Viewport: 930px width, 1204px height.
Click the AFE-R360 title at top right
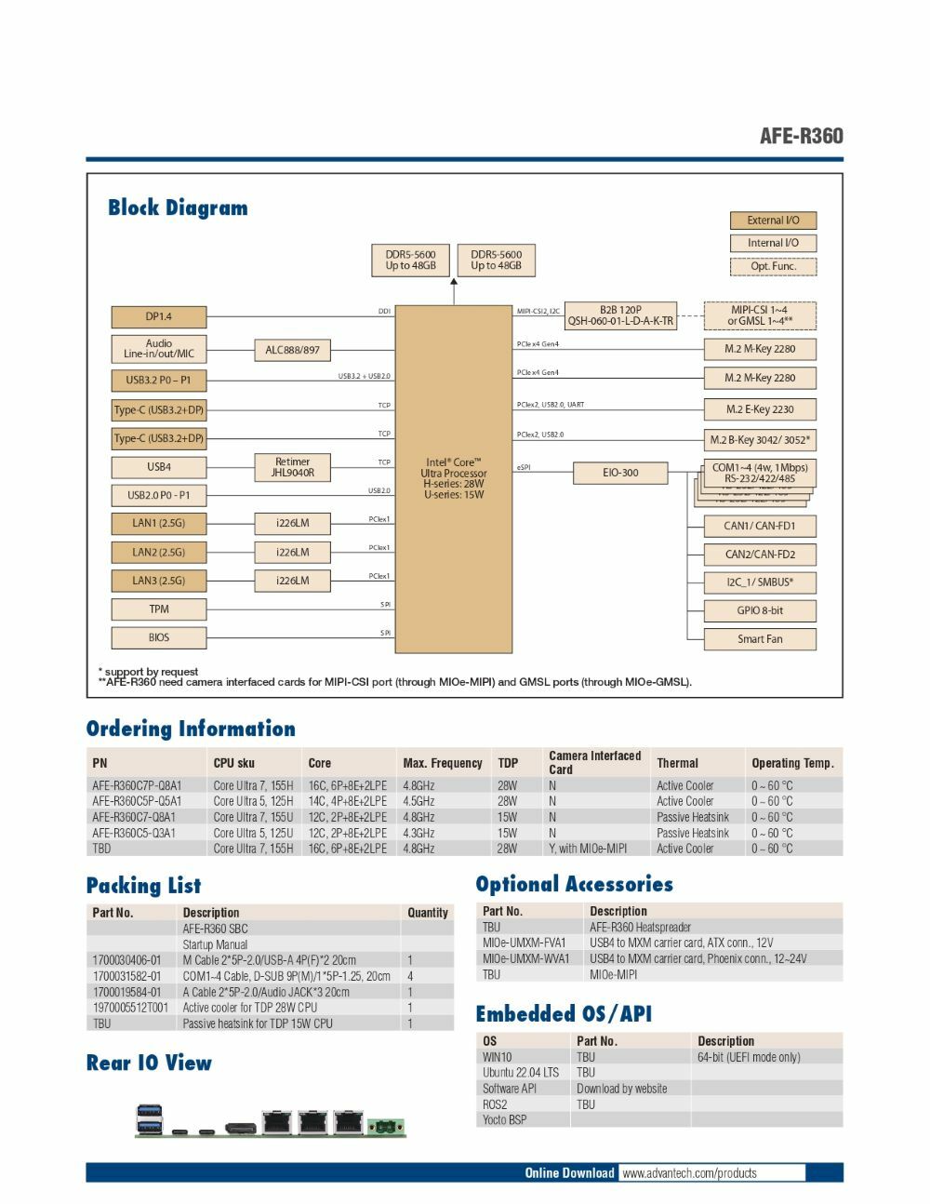pos(801,136)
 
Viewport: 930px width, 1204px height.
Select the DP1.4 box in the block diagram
pos(158,316)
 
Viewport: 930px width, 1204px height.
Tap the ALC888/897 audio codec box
pos(292,350)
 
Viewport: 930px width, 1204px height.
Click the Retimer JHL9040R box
pos(292,467)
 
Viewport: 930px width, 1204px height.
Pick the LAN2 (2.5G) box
pos(158,552)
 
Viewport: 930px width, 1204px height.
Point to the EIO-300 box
pos(620,473)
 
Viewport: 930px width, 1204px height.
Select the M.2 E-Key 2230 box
pos(760,409)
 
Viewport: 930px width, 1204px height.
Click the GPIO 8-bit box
pos(760,611)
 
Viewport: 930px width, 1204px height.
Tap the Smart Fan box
pos(760,639)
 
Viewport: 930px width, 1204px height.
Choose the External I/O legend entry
pos(773,221)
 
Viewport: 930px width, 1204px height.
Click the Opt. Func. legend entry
pos(773,266)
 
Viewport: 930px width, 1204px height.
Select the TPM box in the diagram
pos(158,609)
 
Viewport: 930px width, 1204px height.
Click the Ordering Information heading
pos(191,729)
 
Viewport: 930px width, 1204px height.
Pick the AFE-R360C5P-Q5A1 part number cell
pos(137,801)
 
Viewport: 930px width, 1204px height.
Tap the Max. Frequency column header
pos(443,763)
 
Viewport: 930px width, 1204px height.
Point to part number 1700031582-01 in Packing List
pos(126,976)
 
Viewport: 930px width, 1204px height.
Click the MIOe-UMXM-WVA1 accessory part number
pos(525,958)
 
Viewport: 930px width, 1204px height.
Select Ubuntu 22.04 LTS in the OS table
pos(521,1073)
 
